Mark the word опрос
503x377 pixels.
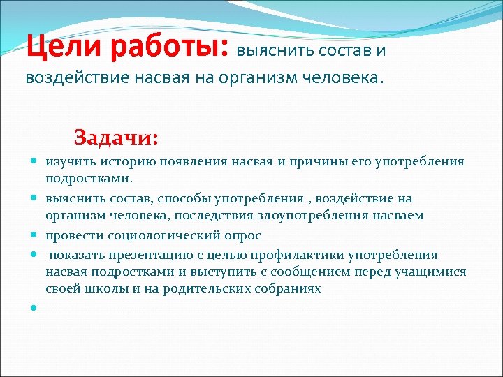[x=241, y=235]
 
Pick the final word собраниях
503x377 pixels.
[x=286, y=289]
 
